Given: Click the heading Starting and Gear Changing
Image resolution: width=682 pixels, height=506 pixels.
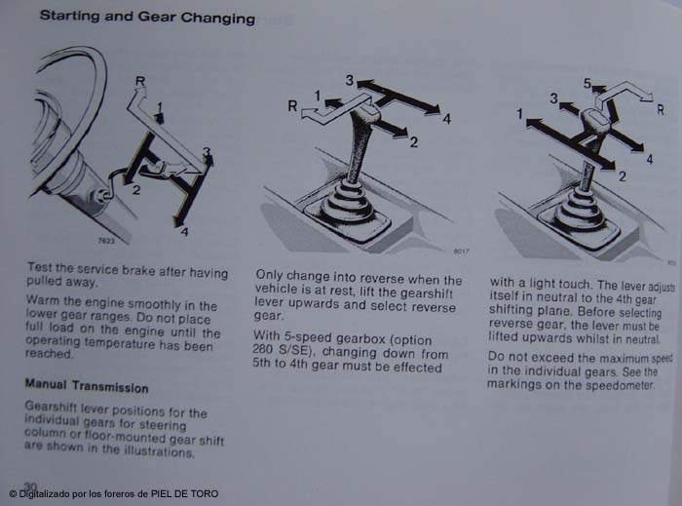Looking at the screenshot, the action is click(x=147, y=17).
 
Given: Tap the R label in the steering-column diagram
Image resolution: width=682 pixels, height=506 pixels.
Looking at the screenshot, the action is click(x=140, y=81).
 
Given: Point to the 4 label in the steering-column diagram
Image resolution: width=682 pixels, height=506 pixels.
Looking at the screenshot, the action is click(x=184, y=232).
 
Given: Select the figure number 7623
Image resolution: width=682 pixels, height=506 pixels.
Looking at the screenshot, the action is click(x=106, y=241).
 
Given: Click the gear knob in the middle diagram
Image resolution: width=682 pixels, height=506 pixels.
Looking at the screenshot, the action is click(x=363, y=116).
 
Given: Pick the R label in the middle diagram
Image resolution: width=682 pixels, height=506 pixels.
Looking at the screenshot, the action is click(x=292, y=105).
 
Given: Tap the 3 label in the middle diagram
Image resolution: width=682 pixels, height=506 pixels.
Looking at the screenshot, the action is click(x=350, y=80).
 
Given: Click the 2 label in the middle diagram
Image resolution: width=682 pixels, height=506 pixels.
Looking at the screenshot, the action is click(x=414, y=142).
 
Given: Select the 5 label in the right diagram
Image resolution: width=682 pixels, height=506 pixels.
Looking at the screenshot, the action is click(x=587, y=83).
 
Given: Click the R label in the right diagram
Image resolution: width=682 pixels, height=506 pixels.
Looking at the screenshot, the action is click(x=661, y=109).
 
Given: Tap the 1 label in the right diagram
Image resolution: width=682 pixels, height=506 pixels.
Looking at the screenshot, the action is click(x=519, y=114).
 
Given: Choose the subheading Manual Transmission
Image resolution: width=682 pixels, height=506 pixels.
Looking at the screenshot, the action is click(x=87, y=385).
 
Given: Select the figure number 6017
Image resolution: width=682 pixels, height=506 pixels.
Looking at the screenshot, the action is click(x=461, y=251).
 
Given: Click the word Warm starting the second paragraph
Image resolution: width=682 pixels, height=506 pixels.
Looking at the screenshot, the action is click(x=41, y=300).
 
